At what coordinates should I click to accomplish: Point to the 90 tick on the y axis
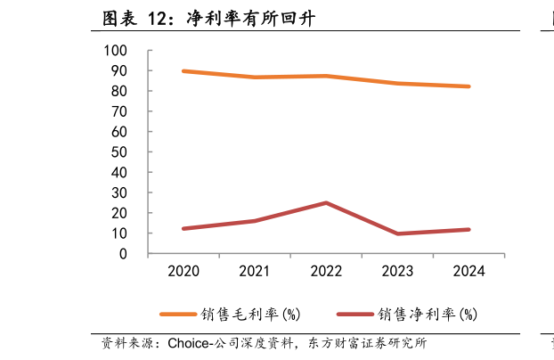(118, 71)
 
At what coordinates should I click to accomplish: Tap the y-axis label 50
(118, 152)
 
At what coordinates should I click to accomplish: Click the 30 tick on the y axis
(118, 193)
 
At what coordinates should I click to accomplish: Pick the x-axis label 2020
(183, 271)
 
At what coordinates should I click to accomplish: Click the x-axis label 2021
(255, 271)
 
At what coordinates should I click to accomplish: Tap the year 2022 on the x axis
(326, 271)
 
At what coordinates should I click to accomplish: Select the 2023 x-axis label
(397, 271)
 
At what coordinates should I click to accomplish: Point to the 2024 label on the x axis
(468, 271)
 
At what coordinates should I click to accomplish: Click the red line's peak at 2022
(326, 203)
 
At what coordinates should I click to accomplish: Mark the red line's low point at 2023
(397, 233)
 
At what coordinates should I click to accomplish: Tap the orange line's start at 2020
(183, 71)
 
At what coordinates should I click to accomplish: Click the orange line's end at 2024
(468, 86)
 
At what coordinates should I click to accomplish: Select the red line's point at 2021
(255, 221)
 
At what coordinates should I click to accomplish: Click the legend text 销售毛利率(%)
(252, 314)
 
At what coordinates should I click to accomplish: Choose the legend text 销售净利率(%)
(428, 314)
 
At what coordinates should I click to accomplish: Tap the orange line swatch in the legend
(178, 314)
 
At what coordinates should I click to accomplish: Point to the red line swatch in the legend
(354, 314)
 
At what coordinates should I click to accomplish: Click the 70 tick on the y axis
(118, 112)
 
